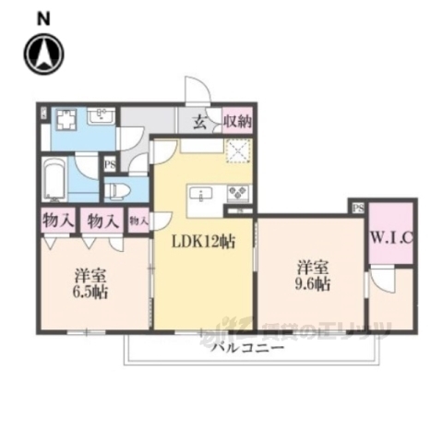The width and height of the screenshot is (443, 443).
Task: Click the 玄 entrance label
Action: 199,121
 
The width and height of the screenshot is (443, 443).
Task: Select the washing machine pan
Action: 66,121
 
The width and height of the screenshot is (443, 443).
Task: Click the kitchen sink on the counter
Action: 201,195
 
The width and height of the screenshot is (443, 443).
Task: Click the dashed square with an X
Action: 239,150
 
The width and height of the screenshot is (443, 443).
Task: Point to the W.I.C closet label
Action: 391,237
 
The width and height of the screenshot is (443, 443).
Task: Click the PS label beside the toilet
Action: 111,166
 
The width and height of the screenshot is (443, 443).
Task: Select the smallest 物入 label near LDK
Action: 138,221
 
